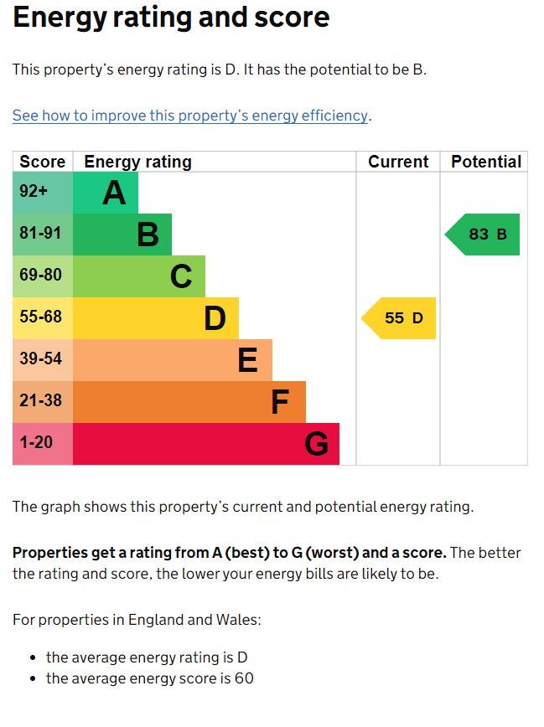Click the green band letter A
point(114,193)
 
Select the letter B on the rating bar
point(148,235)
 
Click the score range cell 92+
point(34,192)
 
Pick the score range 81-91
point(41,234)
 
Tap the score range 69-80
point(41,276)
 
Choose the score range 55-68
point(41,317)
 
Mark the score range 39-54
point(41,359)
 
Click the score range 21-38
point(41,401)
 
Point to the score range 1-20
point(36,443)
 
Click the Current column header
point(398,162)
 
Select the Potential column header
point(486,162)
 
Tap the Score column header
point(43,162)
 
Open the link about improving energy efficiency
point(190,116)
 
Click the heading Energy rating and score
point(171,18)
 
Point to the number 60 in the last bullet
point(244,678)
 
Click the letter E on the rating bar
point(247,361)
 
